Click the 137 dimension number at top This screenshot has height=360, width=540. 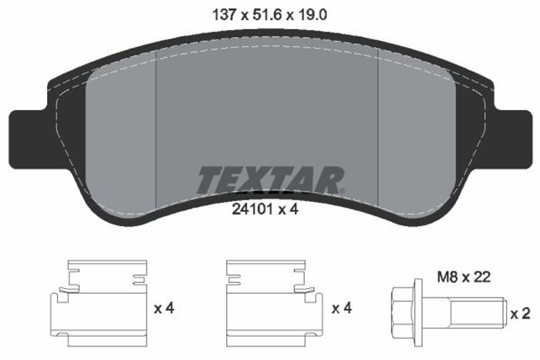224,15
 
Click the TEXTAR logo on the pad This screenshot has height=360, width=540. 270,180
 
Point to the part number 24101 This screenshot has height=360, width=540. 252,209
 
